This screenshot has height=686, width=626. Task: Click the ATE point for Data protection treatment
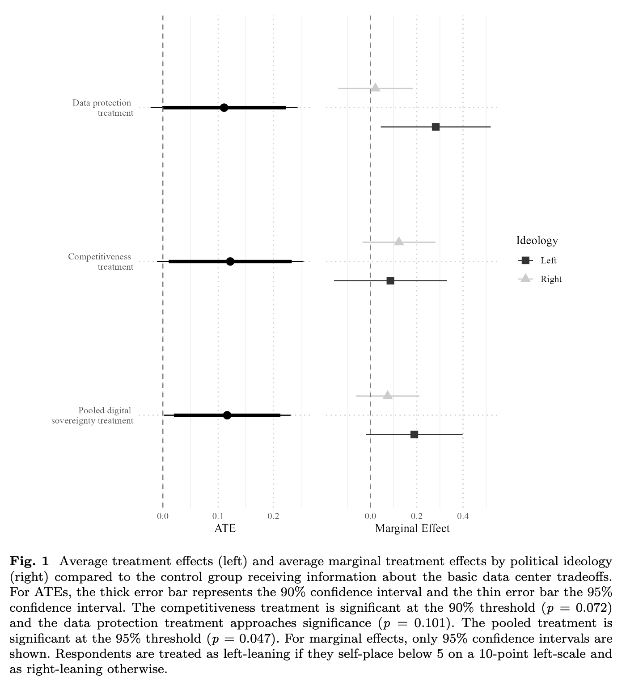224,108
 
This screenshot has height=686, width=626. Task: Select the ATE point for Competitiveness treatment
230,262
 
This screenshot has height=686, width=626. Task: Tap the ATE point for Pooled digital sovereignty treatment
227,415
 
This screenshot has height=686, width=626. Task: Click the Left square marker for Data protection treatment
436,127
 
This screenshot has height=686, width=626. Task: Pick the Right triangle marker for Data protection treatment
376,88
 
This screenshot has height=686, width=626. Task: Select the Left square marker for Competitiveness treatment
390,281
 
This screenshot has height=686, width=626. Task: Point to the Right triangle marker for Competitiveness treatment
399,241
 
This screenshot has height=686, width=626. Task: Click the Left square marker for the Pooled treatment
414,435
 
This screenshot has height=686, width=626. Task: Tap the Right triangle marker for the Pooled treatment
388,395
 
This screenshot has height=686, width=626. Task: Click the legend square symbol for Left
525,260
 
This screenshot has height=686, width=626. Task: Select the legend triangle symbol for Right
525,278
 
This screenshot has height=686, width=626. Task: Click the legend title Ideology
537,241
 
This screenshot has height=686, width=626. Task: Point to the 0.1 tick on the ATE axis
218,517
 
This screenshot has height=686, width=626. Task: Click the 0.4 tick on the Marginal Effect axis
463,517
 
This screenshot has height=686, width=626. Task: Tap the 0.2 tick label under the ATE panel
273,517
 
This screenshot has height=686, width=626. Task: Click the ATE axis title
225,529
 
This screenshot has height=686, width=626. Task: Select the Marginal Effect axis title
412,529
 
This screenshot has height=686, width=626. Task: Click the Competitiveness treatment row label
101,262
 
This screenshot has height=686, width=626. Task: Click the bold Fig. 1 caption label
29,561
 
